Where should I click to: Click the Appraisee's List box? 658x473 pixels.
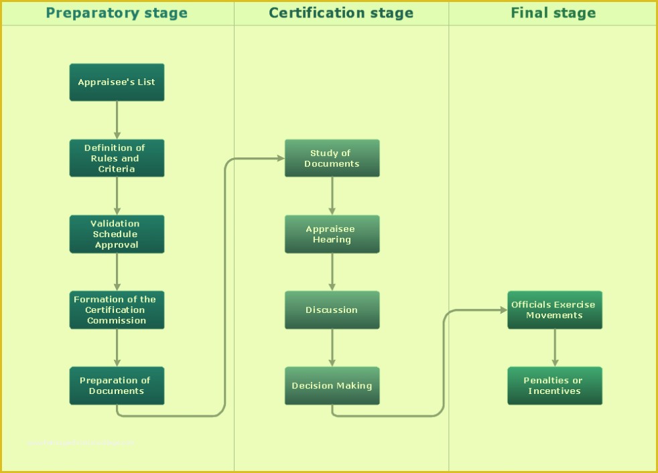pyautogui.click(x=117, y=82)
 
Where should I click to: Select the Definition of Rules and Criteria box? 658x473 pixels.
pyautogui.click(x=117, y=158)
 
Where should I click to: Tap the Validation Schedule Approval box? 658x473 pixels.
pyautogui.click(x=117, y=234)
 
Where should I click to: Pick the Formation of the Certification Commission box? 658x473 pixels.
pyautogui.click(x=117, y=310)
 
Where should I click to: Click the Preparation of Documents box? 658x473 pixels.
pyautogui.click(x=117, y=385)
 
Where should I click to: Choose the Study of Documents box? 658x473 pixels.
pyautogui.click(x=332, y=158)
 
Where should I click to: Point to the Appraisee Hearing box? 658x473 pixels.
pyautogui.click(x=332, y=234)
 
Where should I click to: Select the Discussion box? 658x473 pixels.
pyautogui.click(x=332, y=310)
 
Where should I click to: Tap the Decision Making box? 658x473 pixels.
pyautogui.click(x=332, y=385)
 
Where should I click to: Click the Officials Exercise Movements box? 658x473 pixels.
pyautogui.click(x=554, y=310)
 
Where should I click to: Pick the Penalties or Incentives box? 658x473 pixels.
pyautogui.click(x=554, y=385)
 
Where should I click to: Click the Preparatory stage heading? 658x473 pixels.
pyautogui.click(x=117, y=13)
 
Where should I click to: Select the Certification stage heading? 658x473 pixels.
pyautogui.click(x=341, y=13)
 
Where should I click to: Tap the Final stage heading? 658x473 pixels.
pyautogui.click(x=553, y=13)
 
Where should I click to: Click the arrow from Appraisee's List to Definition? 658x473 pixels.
pyautogui.click(x=117, y=120)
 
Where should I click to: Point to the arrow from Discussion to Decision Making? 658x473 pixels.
pyautogui.click(x=332, y=347)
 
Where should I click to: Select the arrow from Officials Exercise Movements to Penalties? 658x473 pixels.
pyautogui.click(x=555, y=347)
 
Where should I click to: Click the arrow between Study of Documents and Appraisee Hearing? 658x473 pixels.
pyautogui.click(x=332, y=196)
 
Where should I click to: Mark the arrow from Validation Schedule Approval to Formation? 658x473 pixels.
pyautogui.click(x=117, y=271)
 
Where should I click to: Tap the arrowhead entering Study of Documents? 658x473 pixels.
pyautogui.click(x=280, y=159)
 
